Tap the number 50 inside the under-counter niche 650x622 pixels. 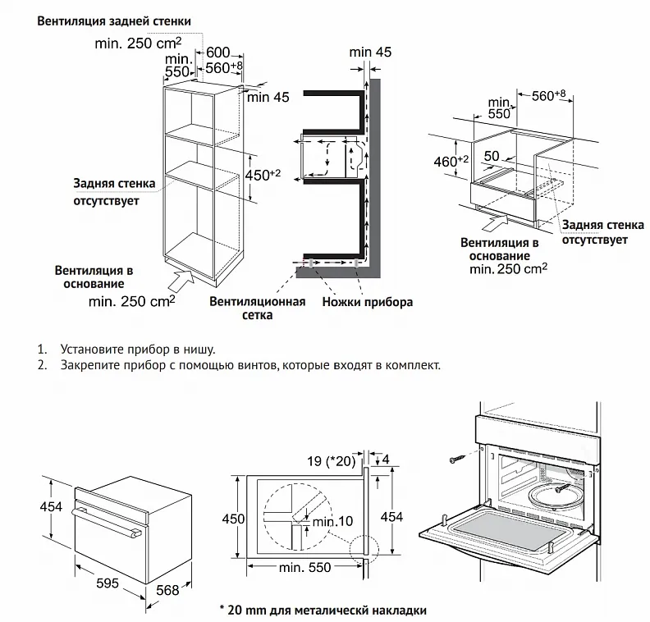492,155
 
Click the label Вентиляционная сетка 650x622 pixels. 257,308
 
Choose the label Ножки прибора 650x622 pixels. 368,302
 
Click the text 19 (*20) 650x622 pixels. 330,461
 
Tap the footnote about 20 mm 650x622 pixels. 323,611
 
